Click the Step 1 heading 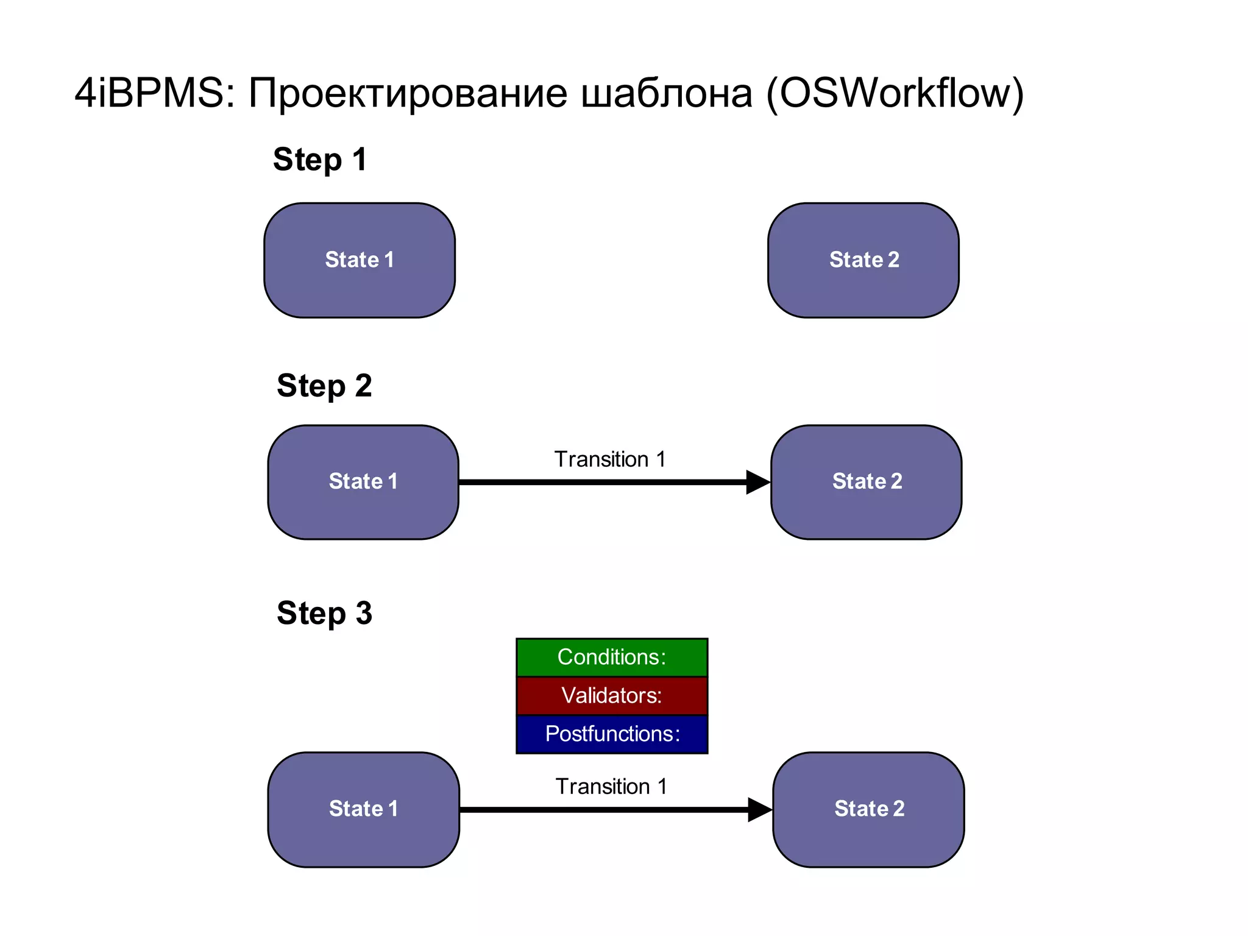tap(320, 160)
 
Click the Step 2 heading tap(324, 386)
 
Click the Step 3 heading tap(324, 613)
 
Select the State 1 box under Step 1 tap(360, 260)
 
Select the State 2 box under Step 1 tap(863, 260)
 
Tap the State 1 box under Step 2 tap(363, 482)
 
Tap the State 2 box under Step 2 tap(867, 482)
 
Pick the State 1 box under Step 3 tap(363, 809)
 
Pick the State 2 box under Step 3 tap(869, 809)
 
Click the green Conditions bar tap(612, 658)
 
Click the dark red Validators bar tap(612, 695)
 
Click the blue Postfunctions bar tap(612, 734)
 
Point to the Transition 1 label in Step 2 tap(610, 459)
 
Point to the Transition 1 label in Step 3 tap(611, 787)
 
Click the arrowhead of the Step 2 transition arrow tap(757, 482)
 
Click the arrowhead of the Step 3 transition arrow tap(759, 810)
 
